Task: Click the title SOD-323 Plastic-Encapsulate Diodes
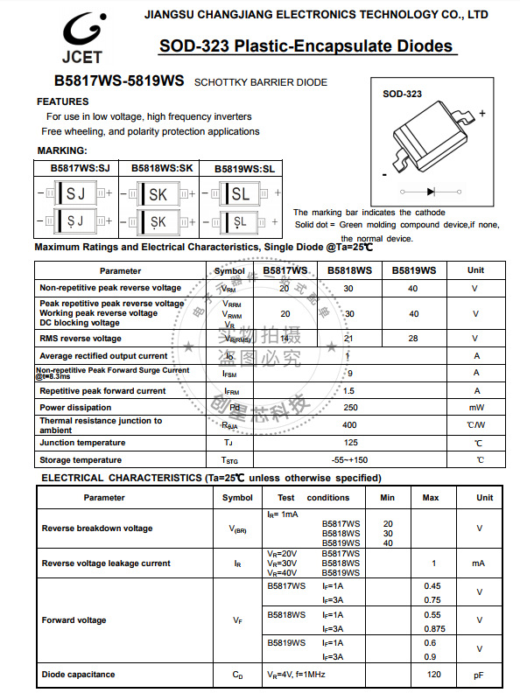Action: [x=306, y=46]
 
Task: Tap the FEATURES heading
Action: [x=62, y=101]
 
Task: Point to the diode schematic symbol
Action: [x=431, y=191]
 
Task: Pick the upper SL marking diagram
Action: [x=240, y=193]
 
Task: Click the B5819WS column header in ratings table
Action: [x=413, y=270]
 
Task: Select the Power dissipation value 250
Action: [x=349, y=408]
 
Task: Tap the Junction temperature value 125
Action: [x=349, y=443]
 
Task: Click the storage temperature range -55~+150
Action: [x=349, y=460]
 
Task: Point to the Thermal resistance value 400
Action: [x=349, y=425]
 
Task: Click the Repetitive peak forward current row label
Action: [x=102, y=391]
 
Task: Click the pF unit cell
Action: [x=479, y=675]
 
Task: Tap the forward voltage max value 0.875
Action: [x=432, y=629]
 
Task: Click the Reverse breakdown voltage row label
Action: [x=96, y=528]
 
